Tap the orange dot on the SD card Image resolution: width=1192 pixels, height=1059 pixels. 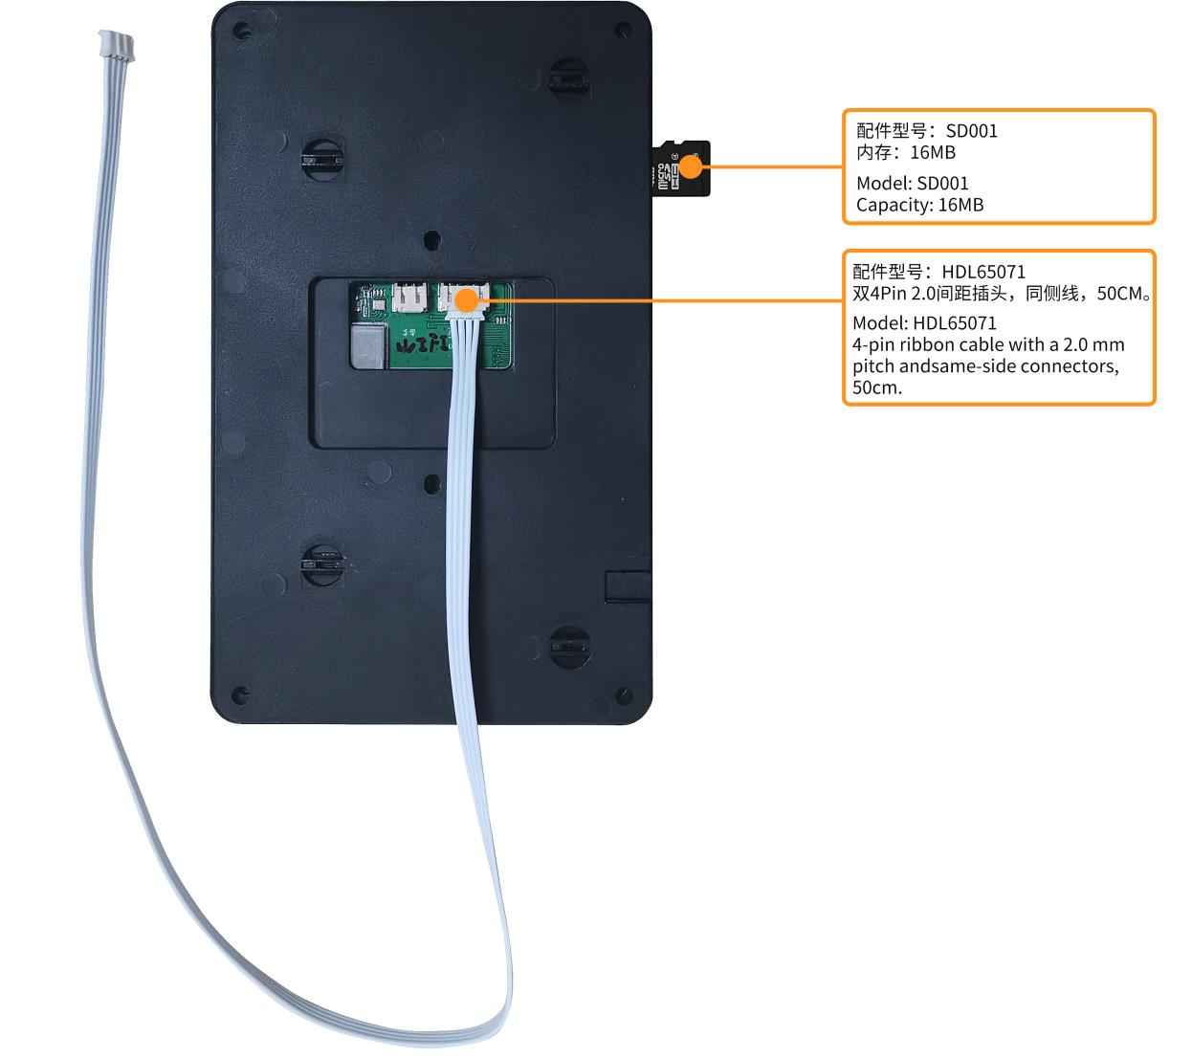click(x=692, y=168)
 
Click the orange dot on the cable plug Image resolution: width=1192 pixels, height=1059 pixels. click(x=465, y=300)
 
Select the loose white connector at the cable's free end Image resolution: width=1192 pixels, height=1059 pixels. click(x=116, y=46)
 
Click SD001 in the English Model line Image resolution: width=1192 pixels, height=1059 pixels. click(x=942, y=183)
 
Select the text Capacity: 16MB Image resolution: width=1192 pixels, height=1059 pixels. click(x=919, y=205)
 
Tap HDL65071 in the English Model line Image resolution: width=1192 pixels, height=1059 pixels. click(x=954, y=323)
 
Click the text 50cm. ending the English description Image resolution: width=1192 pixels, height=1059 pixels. click(x=877, y=387)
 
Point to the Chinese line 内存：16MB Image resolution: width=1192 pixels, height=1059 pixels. click(x=905, y=153)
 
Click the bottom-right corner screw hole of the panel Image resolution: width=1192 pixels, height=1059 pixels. click(x=626, y=695)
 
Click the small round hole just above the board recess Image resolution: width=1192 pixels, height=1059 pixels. click(x=432, y=238)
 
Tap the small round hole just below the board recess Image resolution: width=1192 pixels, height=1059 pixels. click(x=432, y=483)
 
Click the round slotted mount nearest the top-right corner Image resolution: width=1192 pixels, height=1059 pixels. click(x=568, y=78)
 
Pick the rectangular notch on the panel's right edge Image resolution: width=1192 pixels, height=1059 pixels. click(x=628, y=585)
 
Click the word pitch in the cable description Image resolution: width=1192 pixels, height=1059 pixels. click(x=874, y=366)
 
